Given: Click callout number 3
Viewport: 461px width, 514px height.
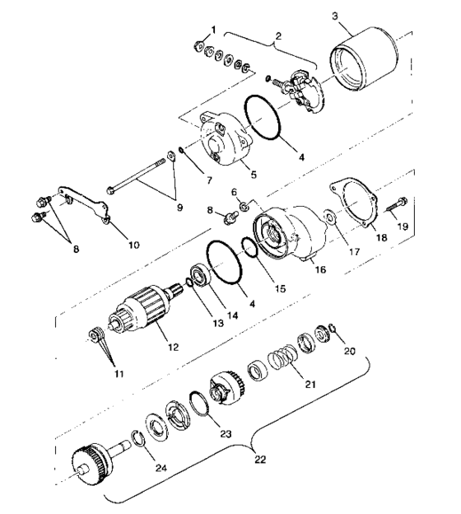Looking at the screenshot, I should pos(335,16).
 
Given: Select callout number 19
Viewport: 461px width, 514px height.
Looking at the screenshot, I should pos(403,224).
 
